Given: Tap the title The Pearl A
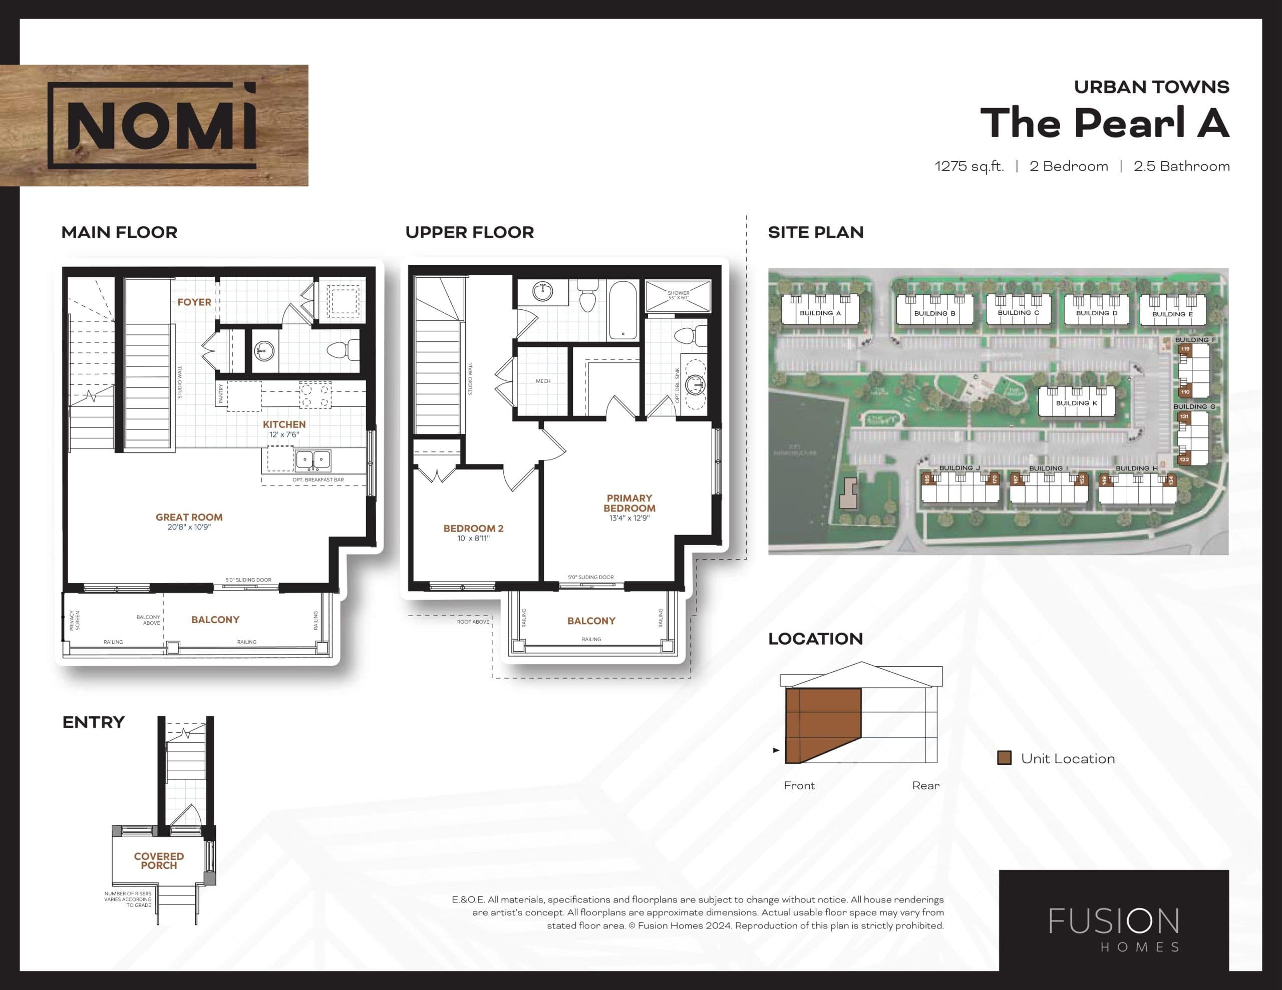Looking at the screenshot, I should (x=1104, y=123).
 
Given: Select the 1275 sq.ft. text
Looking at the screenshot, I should (x=969, y=167).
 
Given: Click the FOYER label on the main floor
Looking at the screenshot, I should (x=194, y=302).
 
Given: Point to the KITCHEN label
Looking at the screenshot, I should (x=284, y=424).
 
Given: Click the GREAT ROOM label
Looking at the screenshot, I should (x=189, y=517).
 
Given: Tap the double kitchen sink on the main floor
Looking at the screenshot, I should (x=313, y=460).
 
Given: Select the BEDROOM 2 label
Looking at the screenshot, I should (x=473, y=528).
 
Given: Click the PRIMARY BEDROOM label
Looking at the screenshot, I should (x=629, y=503).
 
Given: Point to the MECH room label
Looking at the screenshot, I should (x=543, y=381).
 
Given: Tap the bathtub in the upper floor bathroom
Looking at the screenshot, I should (x=623, y=310).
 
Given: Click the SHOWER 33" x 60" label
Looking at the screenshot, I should (x=678, y=295).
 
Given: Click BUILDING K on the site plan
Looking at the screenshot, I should (x=1076, y=403).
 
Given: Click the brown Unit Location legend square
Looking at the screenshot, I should (x=1005, y=758).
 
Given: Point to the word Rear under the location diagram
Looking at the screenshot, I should (x=925, y=786).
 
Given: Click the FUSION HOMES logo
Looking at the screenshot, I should (x=1114, y=929).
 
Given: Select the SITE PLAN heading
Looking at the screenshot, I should (x=815, y=232).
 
